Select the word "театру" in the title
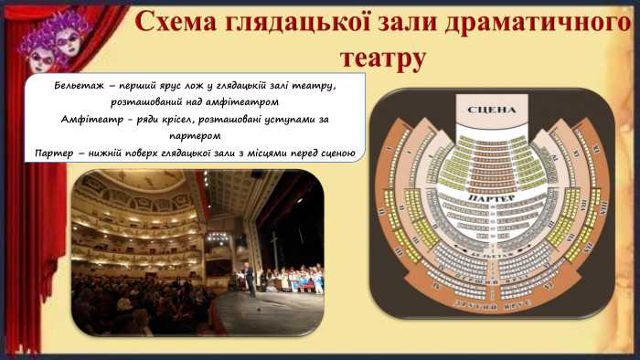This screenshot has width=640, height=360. coord(382,58)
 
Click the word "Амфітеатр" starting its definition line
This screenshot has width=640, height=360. coord(89,120)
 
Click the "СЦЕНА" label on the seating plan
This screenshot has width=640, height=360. coord(491,110)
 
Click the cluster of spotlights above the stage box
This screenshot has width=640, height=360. coord(217,236)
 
